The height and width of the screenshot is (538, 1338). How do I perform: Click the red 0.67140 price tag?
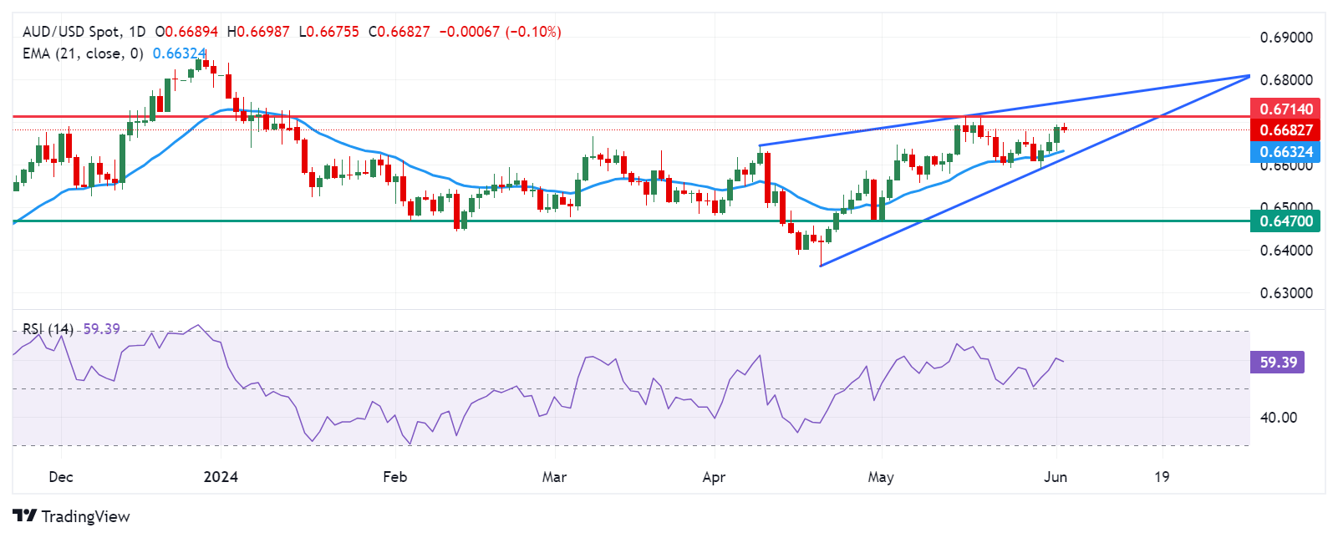(1285, 109)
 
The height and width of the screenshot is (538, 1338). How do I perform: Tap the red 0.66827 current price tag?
(1285, 130)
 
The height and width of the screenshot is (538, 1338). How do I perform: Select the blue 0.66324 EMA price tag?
(1285, 152)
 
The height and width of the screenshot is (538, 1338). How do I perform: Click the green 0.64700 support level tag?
(1285, 221)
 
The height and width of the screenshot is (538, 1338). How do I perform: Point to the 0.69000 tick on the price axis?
(1285, 38)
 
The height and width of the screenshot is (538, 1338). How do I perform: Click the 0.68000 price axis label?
(1285, 80)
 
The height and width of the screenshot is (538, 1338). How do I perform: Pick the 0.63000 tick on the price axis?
(1285, 293)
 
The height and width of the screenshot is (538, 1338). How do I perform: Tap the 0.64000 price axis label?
(1285, 251)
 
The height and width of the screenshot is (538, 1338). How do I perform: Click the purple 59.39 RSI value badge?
(1278, 363)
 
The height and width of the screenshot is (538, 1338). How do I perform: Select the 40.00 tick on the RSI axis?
(1278, 418)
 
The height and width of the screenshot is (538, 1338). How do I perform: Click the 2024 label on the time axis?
(221, 477)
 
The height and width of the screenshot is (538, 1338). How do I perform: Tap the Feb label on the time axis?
(394, 477)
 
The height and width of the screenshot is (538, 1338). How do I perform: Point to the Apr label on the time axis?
(713, 477)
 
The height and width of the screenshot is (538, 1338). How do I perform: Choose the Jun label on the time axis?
(1056, 477)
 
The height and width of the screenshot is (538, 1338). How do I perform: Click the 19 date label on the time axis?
(1162, 477)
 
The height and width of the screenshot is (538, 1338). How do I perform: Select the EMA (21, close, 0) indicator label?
(83, 53)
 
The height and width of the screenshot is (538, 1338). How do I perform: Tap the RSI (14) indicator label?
(48, 329)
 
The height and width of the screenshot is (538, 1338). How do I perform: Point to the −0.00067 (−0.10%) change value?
(500, 32)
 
